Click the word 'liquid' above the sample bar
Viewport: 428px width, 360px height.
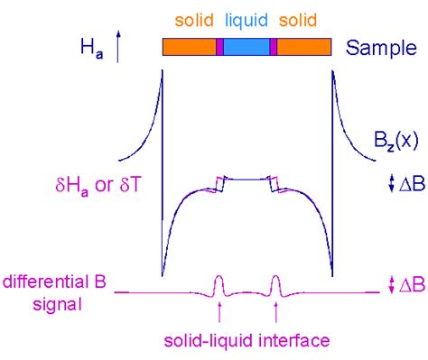pyautogui.click(x=246, y=18)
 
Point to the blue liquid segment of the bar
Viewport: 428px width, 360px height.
pyautogui.click(x=247, y=48)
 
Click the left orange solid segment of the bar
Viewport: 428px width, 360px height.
pyautogui.click(x=189, y=48)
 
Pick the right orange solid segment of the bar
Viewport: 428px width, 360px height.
pyautogui.click(x=303, y=48)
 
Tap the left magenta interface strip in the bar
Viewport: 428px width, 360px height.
pyautogui.click(x=219, y=48)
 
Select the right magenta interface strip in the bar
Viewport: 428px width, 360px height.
pyautogui.click(x=273, y=48)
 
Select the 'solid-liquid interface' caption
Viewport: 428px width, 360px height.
pyautogui.click(x=245, y=341)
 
